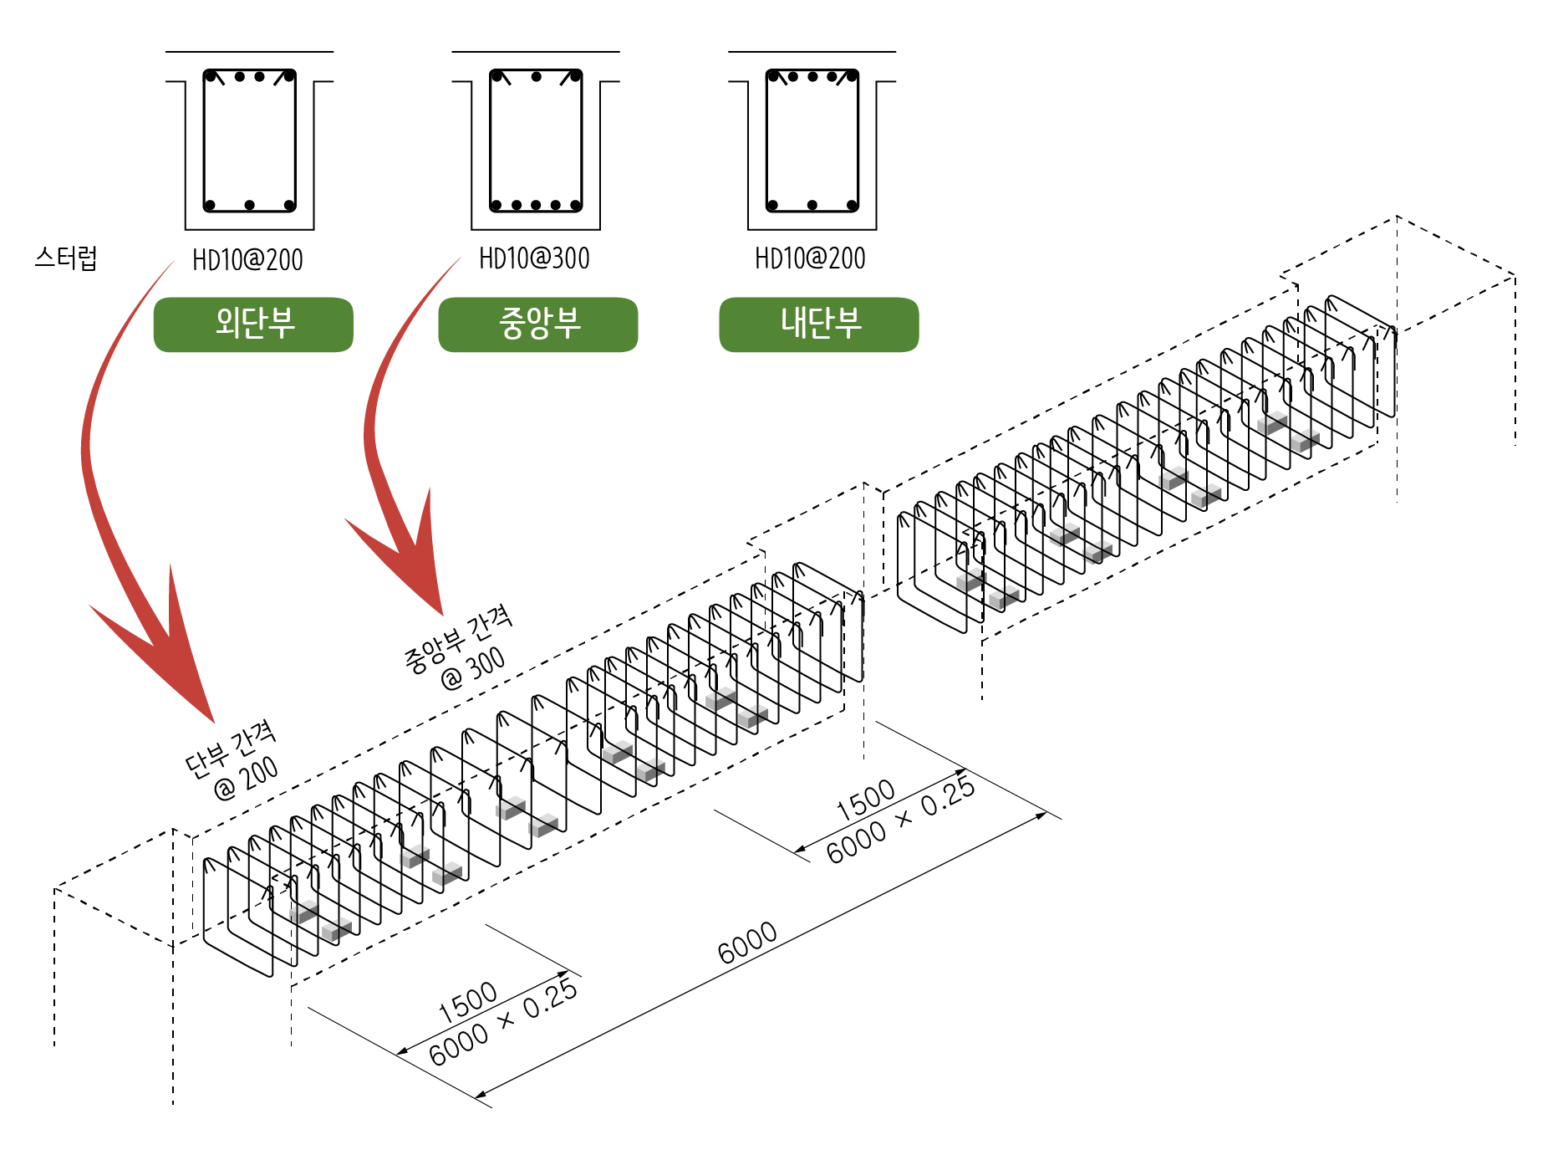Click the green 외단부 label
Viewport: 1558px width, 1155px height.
click(253, 324)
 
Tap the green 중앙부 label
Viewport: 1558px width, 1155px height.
click(537, 324)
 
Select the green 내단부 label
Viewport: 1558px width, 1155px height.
click(819, 324)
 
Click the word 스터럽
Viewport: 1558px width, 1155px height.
click(66, 258)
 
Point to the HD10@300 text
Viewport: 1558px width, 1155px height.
click(534, 258)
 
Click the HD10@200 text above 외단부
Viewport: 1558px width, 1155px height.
click(247, 260)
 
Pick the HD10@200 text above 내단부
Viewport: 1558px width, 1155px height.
click(810, 258)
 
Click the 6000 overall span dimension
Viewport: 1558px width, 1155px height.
click(747, 943)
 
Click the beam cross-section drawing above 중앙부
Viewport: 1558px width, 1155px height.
click(536, 141)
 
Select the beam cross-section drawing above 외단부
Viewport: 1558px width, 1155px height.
click(249, 141)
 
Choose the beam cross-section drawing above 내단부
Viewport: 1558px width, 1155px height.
click(812, 141)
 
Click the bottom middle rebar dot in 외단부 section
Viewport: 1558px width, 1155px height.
click(249, 205)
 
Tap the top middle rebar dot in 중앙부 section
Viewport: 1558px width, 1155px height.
click(536, 77)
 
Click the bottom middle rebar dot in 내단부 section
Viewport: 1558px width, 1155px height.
click(812, 205)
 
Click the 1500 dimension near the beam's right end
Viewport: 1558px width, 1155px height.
click(866, 799)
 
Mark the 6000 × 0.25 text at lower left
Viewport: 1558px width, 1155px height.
click(502, 1022)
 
